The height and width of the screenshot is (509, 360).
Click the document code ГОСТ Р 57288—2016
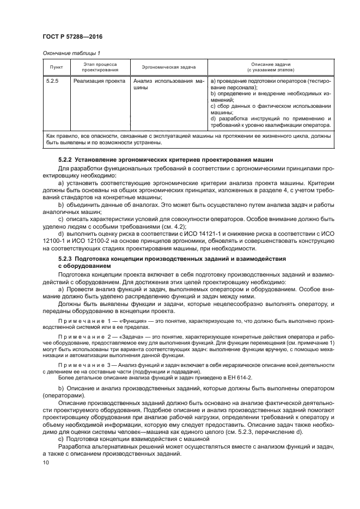(72, 36)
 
